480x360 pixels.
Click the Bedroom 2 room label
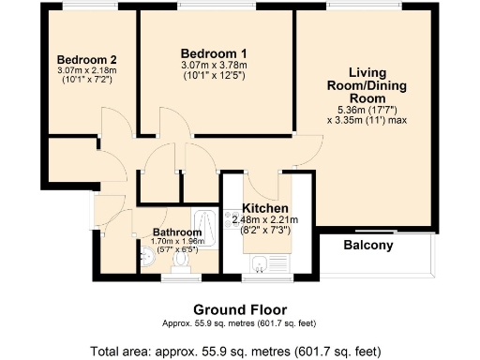point(80,58)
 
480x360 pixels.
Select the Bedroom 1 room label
point(214,52)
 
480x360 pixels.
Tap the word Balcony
point(367,247)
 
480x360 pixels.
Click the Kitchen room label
point(265,208)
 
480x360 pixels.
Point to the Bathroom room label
point(177,232)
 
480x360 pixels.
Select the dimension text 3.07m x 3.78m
point(215,65)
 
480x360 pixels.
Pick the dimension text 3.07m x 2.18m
point(80,70)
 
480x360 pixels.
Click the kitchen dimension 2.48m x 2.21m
point(265,219)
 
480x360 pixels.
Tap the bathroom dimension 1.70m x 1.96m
point(177,242)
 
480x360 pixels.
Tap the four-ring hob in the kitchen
point(229,223)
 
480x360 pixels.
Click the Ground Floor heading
point(240,309)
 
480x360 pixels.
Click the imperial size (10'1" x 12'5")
point(215,75)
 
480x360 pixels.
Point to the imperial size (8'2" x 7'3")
point(265,230)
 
